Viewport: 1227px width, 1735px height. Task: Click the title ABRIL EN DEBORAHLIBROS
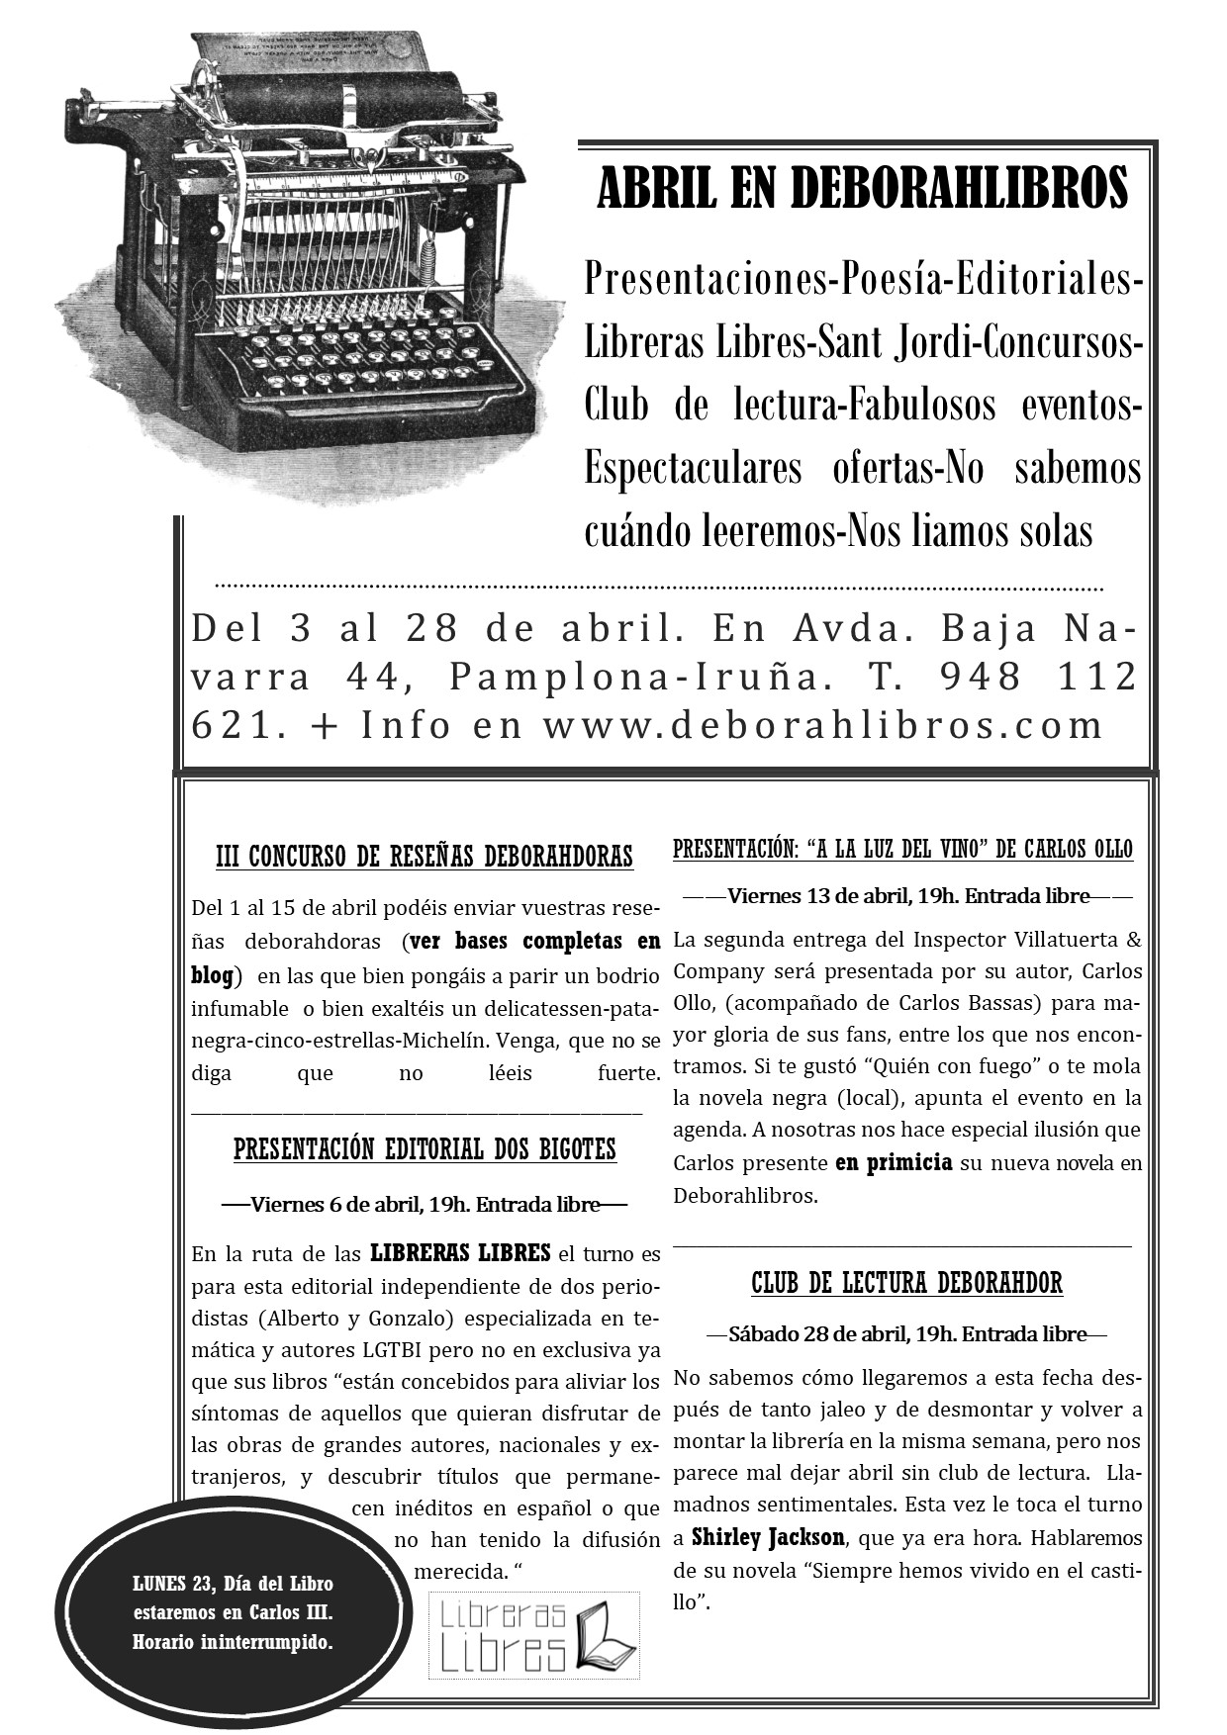tap(863, 188)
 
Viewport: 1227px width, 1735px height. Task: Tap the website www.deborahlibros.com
tap(822, 725)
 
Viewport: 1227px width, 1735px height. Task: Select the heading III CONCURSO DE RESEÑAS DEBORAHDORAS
tap(425, 856)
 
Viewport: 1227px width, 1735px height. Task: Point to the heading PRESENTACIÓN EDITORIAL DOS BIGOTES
tap(425, 1149)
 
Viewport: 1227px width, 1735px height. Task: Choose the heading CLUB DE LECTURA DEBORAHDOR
tap(906, 1283)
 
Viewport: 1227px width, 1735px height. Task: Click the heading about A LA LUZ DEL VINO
tap(902, 849)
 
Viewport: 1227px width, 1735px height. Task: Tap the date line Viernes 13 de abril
tap(907, 896)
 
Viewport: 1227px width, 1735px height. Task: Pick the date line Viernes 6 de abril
tap(425, 1204)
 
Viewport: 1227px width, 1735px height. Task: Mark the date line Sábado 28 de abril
tap(907, 1333)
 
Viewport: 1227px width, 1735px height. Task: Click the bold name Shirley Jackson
tap(768, 1537)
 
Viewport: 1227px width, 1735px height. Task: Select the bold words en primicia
tap(894, 1162)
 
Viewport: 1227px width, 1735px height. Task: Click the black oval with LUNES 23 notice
tap(233, 1613)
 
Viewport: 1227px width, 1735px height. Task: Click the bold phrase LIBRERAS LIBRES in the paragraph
tap(460, 1253)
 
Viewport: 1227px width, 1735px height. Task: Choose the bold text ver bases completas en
tap(534, 940)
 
